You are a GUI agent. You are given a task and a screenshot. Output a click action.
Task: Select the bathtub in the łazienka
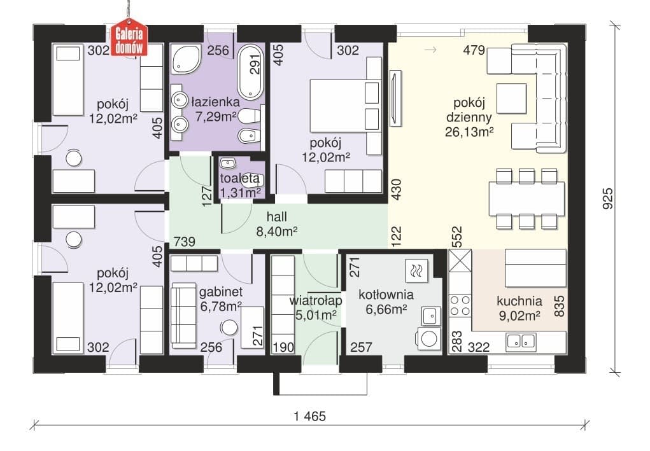point(251,72)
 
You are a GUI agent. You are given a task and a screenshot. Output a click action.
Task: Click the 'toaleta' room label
point(240,179)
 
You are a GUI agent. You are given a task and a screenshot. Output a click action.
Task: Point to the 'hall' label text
point(276,217)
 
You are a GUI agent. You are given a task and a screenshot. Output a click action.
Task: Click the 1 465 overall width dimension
point(309,416)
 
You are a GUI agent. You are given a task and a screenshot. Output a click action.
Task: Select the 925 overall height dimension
point(607,198)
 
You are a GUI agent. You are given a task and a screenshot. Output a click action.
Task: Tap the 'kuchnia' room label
point(519,301)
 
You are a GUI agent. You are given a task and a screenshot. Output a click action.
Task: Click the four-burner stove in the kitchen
point(460,305)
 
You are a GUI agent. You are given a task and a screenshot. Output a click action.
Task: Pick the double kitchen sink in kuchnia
point(521,341)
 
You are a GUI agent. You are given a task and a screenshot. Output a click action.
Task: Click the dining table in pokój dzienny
point(526,199)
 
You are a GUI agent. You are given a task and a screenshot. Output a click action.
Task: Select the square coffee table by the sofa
point(512,99)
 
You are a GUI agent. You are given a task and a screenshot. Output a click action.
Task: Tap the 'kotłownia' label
point(386,295)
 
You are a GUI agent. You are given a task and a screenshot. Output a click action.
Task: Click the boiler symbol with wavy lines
point(416,271)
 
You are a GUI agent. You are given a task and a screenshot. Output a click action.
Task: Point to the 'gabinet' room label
point(221,292)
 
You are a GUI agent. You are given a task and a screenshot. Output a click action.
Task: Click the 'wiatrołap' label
point(316,300)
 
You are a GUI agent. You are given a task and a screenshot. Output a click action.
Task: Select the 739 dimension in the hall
point(184,241)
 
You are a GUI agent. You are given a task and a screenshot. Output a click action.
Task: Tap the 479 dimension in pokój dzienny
point(474,50)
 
